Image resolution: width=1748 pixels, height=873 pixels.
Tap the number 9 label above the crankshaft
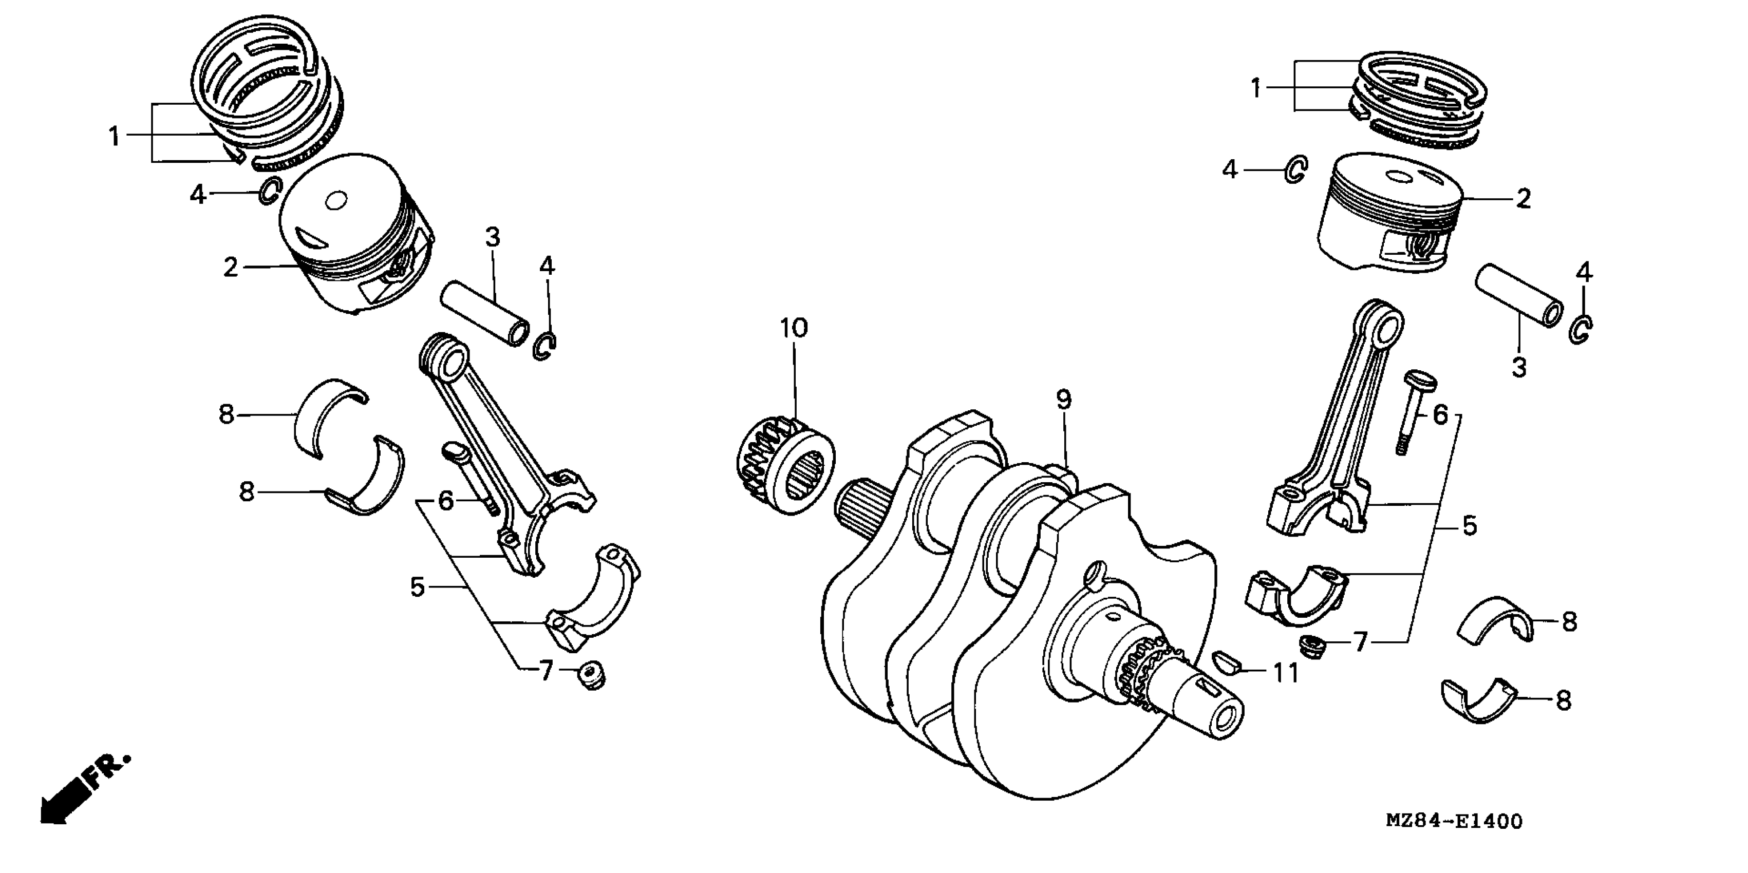tap(1063, 400)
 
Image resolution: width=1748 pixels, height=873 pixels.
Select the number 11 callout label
tap(1285, 674)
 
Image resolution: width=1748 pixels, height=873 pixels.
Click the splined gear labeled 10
tap(785, 466)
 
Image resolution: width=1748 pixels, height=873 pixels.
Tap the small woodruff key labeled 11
tap(1226, 661)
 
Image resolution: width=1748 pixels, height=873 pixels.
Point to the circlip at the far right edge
tap(1582, 330)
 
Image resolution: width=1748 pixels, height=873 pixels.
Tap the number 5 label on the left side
tap(417, 587)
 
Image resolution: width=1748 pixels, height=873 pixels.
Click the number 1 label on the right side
tap(1256, 88)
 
